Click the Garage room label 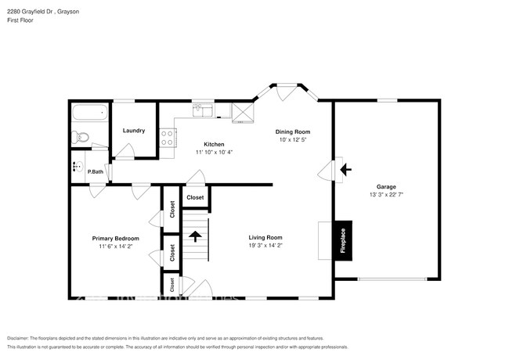385,186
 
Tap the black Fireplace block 343,239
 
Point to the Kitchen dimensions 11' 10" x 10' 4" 214,153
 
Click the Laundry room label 133,131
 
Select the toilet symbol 83,139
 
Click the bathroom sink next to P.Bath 77,166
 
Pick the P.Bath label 96,171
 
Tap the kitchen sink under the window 203,110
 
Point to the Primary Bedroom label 115,238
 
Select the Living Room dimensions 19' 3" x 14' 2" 265,246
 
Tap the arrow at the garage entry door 346,168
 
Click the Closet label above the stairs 195,198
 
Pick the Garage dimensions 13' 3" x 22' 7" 386,195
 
